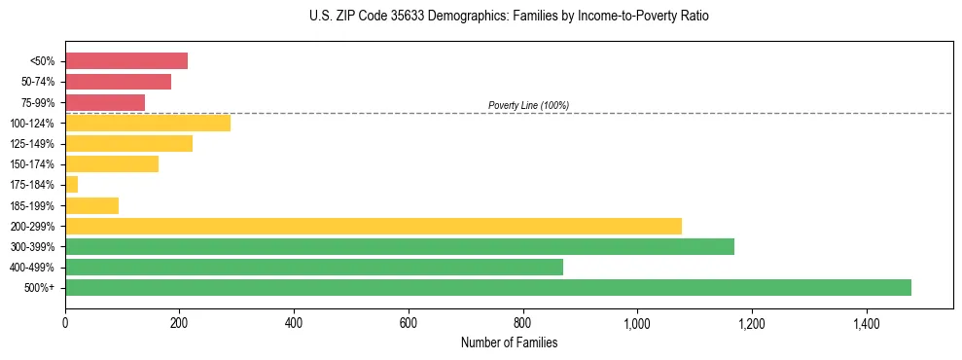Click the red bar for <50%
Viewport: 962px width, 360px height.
(x=126, y=60)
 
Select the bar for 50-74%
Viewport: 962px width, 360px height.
(x=118, y=82)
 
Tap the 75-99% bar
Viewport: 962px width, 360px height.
(x=105, y=102)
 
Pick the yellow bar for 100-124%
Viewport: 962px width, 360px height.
(x=148, y=123)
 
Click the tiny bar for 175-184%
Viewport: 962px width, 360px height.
(x=71, y=185)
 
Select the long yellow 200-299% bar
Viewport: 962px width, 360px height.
(x=374, y=226)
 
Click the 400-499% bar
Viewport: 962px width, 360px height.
(x=314, y=267)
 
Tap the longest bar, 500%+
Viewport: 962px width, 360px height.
(x=488, y=287)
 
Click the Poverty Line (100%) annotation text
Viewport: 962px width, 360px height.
(x=528, y=105)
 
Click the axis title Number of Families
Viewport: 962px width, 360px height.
(x=509, y=342)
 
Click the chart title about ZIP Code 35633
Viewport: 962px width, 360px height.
(x=509, y=17)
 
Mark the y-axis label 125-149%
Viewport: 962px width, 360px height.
(x=32, y=144)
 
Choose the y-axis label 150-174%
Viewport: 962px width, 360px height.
(x=32, y=164)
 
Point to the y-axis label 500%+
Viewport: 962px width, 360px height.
(x=41, y=288)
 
